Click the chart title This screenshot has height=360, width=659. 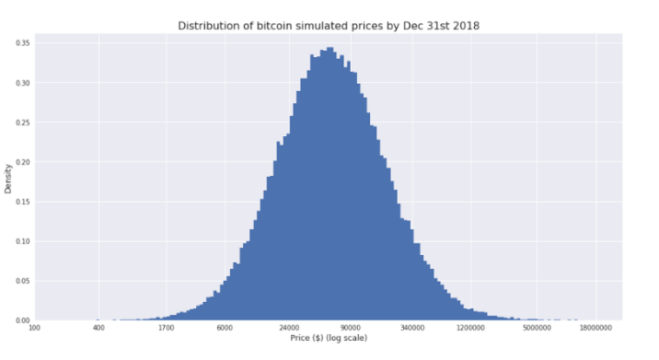329,25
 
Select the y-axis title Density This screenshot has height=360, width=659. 8,178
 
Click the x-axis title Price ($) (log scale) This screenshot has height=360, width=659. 329,337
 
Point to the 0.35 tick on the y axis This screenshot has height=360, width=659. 22,42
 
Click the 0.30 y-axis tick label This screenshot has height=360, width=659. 22,83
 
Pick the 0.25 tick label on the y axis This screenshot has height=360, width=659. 22,122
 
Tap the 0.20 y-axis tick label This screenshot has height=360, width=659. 22,162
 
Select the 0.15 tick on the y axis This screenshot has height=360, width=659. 22,202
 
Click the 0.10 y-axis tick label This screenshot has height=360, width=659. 22,241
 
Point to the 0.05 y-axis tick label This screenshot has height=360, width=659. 22,281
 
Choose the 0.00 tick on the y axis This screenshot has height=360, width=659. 22,320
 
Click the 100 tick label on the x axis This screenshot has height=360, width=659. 35,328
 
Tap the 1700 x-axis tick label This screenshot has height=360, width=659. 166,328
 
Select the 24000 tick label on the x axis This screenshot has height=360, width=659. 290,328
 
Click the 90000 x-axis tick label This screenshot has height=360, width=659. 353,328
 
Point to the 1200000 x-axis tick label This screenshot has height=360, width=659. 470,328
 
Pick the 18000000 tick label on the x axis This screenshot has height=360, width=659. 596,328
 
